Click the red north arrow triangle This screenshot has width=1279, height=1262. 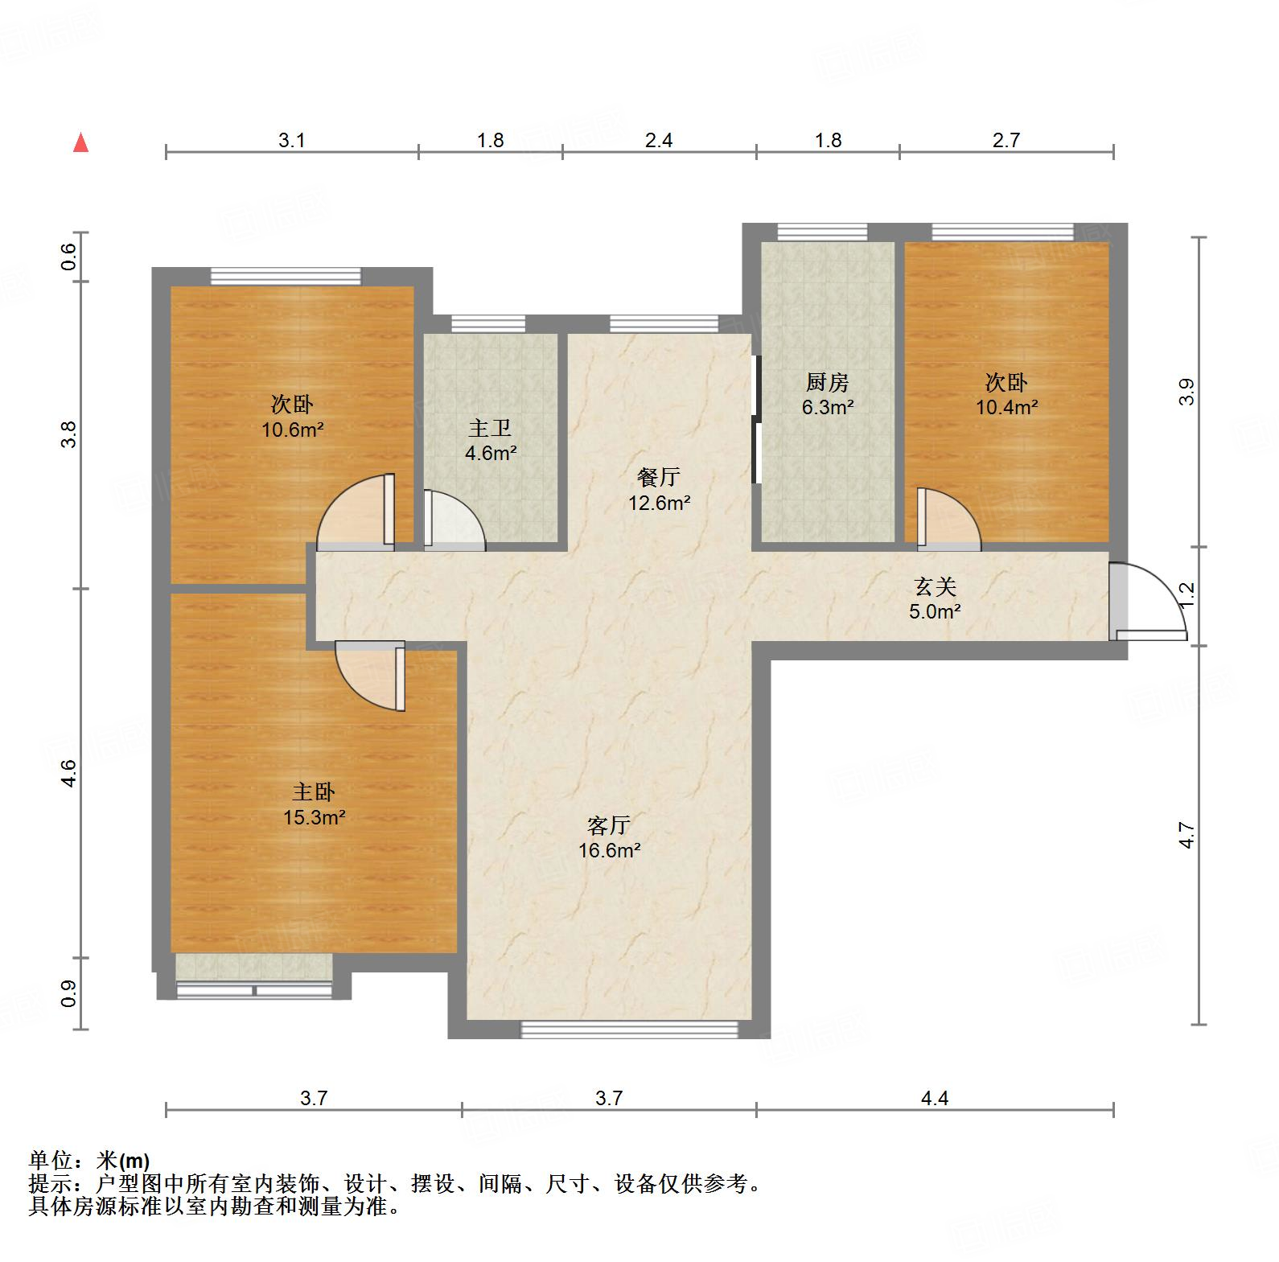[80, 143]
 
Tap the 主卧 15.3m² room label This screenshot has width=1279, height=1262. [314, 805]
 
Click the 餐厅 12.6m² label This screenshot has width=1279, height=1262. [659, 490]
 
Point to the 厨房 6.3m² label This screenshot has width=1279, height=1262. [827, 394]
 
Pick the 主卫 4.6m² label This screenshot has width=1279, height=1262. [490, 440]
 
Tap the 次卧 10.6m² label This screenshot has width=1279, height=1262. [292, 416]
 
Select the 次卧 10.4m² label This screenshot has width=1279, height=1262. [1006, 394]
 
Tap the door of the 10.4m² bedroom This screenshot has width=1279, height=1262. [949, 520]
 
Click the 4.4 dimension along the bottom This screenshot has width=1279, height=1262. [935, 1097]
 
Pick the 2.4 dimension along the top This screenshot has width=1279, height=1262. [658, 140]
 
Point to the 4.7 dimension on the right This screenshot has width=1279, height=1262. [1187, 834]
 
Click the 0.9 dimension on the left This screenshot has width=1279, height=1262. [69, 993]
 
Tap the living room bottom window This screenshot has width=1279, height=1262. [629, 1029]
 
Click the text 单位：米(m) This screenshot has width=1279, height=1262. [89, 1161]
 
